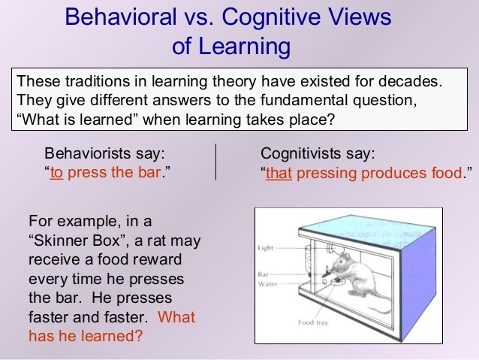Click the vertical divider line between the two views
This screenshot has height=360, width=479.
215,162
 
